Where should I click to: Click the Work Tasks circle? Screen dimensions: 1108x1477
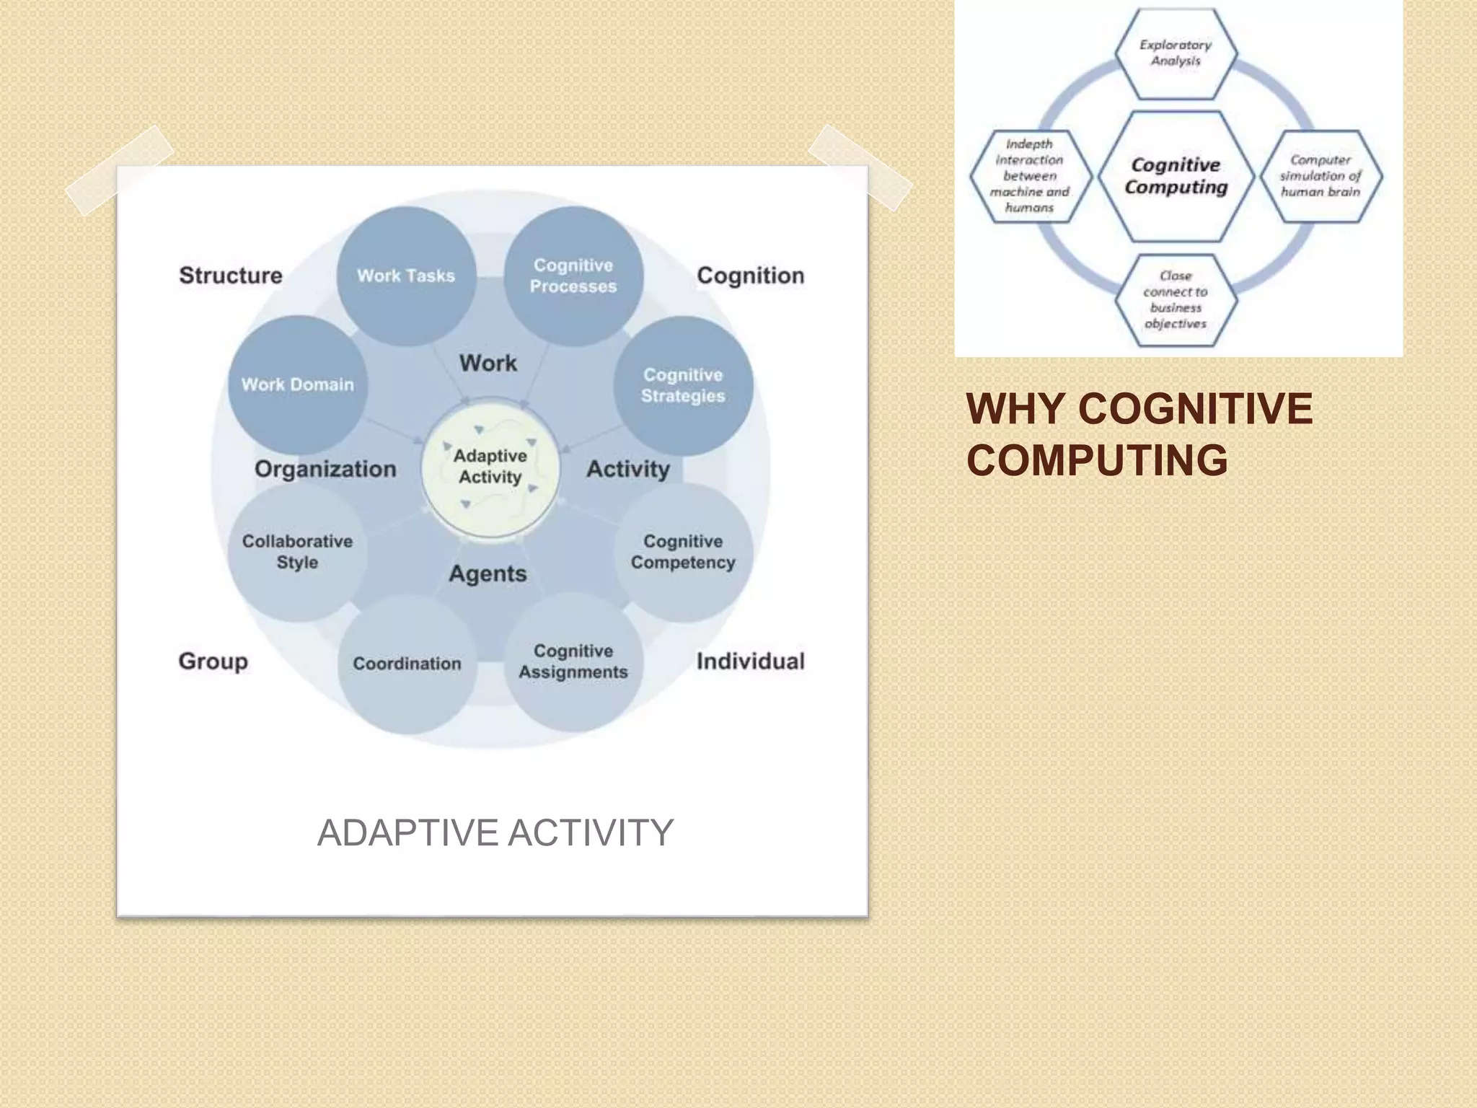click(x=406, y=276)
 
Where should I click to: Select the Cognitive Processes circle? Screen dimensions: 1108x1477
click(x=573, y=276)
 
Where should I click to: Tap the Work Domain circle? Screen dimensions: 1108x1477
click(x=297, y=384)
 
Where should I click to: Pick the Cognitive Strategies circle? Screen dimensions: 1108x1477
click(x=683, y=385)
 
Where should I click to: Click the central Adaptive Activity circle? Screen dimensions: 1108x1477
click(x=490, y=467)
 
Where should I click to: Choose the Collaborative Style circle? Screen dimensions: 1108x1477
click(x=297, y=552)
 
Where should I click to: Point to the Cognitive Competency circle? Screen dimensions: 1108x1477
click(x=683, y=552)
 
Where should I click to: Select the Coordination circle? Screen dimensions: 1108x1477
click(x=407, y=664)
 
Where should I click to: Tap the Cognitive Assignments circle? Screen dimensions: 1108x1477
click(x=573, y=661)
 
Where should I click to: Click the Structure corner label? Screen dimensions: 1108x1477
click(x=231, y=276)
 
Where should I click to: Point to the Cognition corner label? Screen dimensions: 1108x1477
click(x=750, y=276)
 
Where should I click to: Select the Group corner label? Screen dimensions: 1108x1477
click(x=213, y=661)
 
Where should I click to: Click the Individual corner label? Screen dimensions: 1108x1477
click(x=750, y=661)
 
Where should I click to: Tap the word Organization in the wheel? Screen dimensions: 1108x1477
click(x=325, y=469)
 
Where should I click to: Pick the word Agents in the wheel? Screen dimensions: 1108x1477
click(x=488, y=573)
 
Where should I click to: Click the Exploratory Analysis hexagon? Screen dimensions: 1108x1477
click(x=1176, y=53)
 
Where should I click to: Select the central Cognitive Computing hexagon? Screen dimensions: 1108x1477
click(x=1176, y=176)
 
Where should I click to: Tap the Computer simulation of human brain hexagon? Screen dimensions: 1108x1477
click(x=1321, y=176)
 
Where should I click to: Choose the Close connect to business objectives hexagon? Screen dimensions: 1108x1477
click(x=1176, y=299)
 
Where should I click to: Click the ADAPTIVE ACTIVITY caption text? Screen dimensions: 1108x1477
click(x=495, y=832)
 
